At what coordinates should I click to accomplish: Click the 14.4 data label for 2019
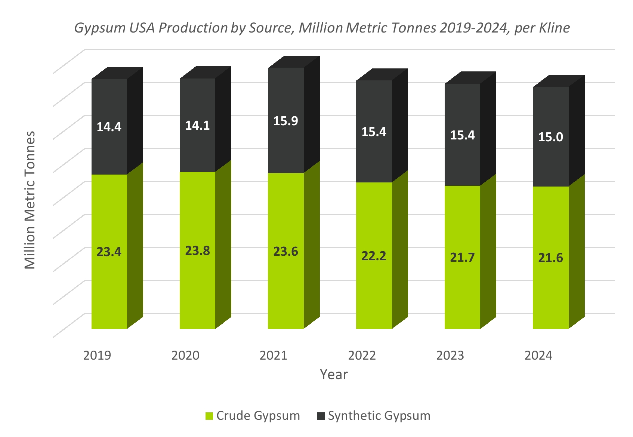coord(109,127)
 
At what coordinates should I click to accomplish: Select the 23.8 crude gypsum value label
coord(198,251)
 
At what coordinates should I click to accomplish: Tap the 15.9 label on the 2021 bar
coord(286,121)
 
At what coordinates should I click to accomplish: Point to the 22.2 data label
coord(374,256)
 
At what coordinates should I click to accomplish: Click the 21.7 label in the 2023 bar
coord(462,258)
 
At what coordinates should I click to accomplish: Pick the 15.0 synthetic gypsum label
coord(550,137)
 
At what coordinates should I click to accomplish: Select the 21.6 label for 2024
coord(550,258)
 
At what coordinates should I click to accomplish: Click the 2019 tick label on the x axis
coord(97,355)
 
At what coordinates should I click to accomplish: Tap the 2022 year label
coord(362,355)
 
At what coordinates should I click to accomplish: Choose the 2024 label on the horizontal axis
coord(538,355)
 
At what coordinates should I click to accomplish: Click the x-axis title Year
coord(334,375)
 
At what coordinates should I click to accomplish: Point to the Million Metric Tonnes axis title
coord(30,200)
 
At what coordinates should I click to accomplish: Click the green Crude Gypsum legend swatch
coord(209,416)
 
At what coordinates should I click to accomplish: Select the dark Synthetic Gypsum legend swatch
coord(321,416)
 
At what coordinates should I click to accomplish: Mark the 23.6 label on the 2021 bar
coord(286,252)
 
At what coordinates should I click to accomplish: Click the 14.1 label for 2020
coord(198,126)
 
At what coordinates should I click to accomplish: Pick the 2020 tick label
coord(185,355)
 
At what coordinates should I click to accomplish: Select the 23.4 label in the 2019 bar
coord(109,252)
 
